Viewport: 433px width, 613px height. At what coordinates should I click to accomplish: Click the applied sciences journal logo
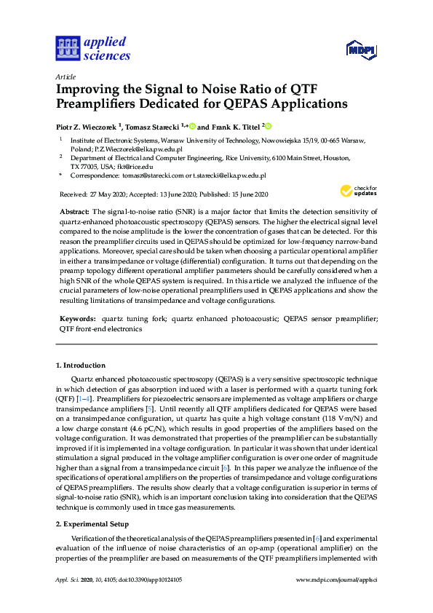[92, 48]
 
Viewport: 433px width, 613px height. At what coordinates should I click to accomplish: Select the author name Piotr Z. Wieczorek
[88, 126]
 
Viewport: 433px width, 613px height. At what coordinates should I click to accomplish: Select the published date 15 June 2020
[248, 194]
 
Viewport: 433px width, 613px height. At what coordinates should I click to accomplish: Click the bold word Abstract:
[75, 211]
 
